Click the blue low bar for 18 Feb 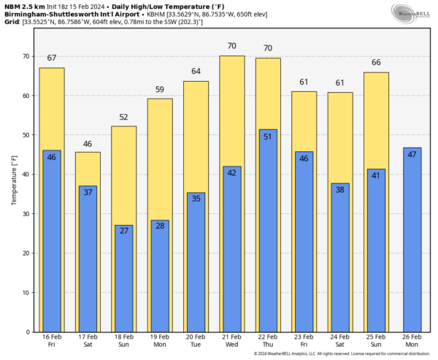[x=123, y=277]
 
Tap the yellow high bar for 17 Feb [x=88, y=168]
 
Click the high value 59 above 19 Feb [x=159, y=90]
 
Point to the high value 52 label [x=123, y=118]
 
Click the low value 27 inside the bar [x=123, y=231]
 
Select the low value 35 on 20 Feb [x=195, y=199]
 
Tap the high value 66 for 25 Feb [x=377, y=63]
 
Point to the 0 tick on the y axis [x=26, y=332]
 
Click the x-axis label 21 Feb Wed [x=231, y=342]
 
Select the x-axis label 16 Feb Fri [x=52, y=342]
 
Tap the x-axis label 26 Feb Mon [x=412, y=342]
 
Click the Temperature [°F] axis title [x=13, y=180]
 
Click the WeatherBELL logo [x=412, y=12]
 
